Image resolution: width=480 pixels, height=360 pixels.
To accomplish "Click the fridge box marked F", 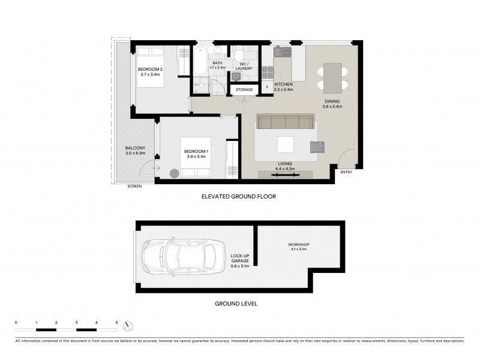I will tap(267, 88).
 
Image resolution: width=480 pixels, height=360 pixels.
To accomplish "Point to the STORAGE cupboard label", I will tap(244, 89).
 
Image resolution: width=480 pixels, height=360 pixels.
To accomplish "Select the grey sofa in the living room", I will tap(284, 123).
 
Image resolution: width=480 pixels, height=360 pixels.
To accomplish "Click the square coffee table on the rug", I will tap(285, 145).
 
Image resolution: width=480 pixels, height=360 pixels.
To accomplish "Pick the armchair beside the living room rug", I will tap(317, 146).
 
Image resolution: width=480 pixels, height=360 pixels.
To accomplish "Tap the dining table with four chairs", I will tap(332, 77).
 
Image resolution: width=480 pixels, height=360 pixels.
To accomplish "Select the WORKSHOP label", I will tap(298, 245).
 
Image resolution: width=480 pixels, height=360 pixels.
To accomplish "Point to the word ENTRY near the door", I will tap(346, 173).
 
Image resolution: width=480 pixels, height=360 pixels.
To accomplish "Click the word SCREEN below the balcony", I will tap(134, 187).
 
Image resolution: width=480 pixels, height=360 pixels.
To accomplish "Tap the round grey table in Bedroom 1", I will tap(175, 173).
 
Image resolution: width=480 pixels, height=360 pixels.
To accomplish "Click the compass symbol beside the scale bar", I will tap(127, 326).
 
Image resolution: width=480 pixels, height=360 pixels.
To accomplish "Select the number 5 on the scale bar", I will tap(116, 323).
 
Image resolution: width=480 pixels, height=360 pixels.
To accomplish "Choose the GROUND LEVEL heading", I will tap(236, 304).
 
